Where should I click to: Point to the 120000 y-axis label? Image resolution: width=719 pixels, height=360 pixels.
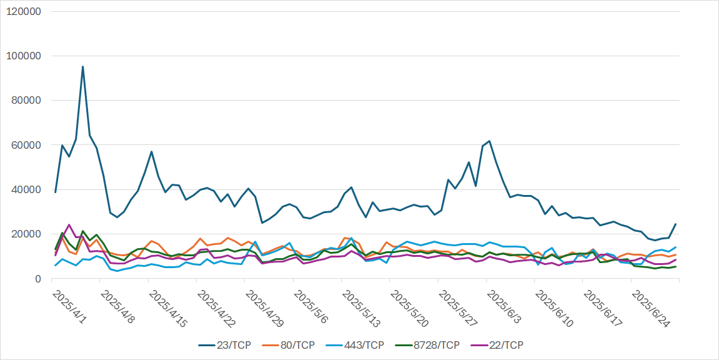(x=24, y=11)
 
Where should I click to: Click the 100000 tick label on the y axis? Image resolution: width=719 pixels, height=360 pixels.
(x=24, y=56)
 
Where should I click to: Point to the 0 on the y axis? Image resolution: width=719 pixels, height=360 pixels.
(x=37, y=279)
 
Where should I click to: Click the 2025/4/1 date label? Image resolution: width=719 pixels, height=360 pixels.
(x=69, y=306)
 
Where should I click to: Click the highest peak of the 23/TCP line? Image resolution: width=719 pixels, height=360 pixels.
(x=82, y=67)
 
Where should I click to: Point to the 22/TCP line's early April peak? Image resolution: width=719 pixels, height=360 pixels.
(x=69, y=225)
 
